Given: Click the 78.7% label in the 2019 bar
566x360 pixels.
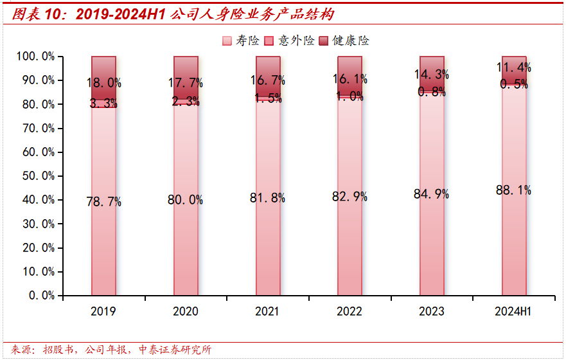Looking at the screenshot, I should (103, 202).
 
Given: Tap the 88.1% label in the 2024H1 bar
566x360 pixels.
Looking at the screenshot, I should (513, 190).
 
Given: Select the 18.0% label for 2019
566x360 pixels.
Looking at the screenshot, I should (103, 83).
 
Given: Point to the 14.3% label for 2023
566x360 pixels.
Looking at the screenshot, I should (431, 75).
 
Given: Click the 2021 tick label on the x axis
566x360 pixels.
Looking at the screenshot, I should (267, 312).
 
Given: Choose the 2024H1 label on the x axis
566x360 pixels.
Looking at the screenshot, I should (513, 312).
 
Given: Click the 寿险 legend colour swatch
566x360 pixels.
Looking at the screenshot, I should (227, 41).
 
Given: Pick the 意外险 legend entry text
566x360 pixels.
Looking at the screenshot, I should (296, 41).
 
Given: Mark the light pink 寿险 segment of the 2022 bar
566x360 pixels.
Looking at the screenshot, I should (349, 244).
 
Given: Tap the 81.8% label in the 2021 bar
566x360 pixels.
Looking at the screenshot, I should (267, 198).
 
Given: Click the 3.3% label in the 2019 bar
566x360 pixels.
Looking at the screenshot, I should (103, 103).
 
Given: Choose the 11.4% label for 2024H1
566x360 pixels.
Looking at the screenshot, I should (513, 67).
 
